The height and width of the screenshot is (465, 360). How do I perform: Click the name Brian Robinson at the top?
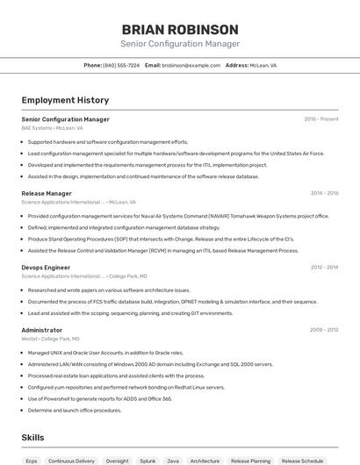tap(180, 29)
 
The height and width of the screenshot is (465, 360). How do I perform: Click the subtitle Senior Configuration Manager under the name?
tap(180, 44)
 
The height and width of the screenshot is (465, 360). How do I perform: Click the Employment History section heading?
tap(65, 100)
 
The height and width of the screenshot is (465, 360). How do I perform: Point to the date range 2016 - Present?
tap(321, 118)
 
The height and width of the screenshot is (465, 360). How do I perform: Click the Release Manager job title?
tap(47, 193)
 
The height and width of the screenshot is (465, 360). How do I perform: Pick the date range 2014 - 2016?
tap(324, 193)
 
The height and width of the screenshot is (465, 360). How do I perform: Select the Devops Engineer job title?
tap(46, 267)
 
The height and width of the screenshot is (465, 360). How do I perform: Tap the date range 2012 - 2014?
tap(324, 267)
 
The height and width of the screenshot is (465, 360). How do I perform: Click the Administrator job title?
tap(42, 330)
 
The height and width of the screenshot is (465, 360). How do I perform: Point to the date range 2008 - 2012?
tap(324, 330)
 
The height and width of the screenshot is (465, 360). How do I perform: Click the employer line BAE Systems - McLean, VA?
tap(52, 128)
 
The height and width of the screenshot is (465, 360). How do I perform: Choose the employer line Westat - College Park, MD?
tap(50, 339)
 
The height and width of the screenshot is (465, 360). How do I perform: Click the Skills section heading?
tap(33, 437)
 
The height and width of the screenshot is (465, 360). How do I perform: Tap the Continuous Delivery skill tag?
tap(71, 460)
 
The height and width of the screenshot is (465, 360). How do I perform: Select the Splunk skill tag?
tap(148, 460)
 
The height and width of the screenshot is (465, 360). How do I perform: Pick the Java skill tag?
tap(173, 460)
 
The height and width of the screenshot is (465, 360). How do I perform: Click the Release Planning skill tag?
tap(250, 460)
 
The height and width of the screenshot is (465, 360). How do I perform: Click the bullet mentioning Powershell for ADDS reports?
tap(100, 398)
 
